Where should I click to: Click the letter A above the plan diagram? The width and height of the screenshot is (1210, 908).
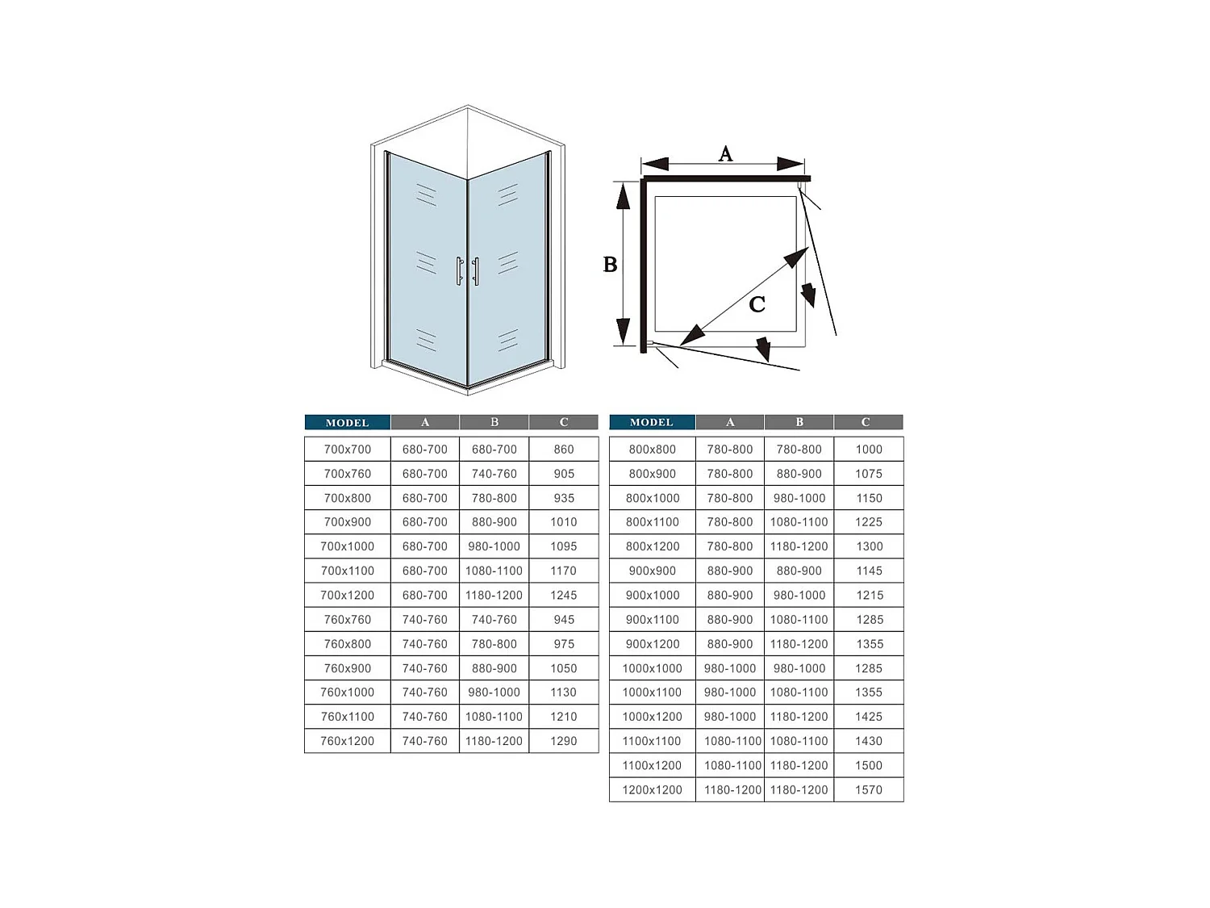tap(725, 154)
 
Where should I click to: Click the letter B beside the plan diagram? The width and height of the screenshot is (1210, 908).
tap(610, 265)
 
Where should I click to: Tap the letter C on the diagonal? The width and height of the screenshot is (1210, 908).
tap(757, 304)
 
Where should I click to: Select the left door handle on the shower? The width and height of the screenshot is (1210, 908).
tap(459, 270)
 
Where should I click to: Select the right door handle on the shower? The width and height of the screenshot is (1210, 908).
tap(476, 270)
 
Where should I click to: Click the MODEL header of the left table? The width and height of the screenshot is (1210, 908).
tap(348, 423)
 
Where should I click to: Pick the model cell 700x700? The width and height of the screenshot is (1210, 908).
tap(348, 450)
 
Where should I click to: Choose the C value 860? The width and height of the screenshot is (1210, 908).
tap(564, 450)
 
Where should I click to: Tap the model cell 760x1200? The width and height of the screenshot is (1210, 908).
tap(348, 741)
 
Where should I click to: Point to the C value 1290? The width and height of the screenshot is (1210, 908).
tap(563, 741)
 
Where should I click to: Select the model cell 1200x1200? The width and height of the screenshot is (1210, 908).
tap(652, 789)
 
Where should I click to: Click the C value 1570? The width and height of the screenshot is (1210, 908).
tap(869, 789)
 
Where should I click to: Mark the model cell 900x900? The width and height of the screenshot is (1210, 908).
tap(652, 571)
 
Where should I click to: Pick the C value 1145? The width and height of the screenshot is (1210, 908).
tap(870, 571)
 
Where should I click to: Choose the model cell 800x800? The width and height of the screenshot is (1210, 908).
tap(652, 450)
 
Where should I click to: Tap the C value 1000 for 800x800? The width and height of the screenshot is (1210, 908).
tap(869, 450)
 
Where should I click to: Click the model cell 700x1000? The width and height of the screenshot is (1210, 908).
tap(348, 546)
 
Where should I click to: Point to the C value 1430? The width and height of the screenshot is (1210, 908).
tap(869, 741)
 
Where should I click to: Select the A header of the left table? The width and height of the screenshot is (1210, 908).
tap(425, 422)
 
